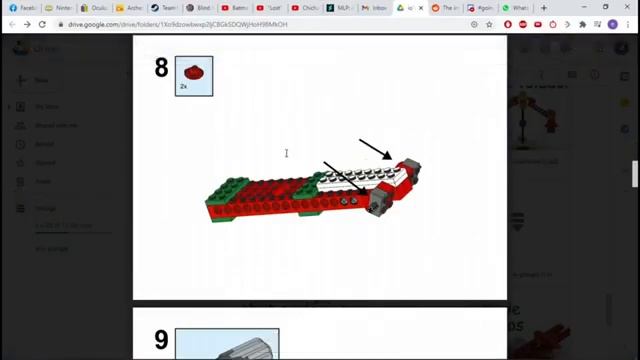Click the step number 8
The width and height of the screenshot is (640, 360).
click(x=161, y=68)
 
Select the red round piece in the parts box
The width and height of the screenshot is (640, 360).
click(x=193, y=72)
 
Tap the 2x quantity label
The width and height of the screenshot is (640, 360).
click(x=183, y=87)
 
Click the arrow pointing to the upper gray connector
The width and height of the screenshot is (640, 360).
click(x=375, y=149)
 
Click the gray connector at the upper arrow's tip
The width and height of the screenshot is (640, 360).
click(x=408, y=167)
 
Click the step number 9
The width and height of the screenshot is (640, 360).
click(x=161, y=341)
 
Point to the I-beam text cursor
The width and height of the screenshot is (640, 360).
click(x=286, y=153)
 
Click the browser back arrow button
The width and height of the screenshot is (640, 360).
click(x=10, y=24)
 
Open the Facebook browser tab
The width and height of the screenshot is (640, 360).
click(x=22, y=7)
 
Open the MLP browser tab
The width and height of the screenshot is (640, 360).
click(x=342, y=7)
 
